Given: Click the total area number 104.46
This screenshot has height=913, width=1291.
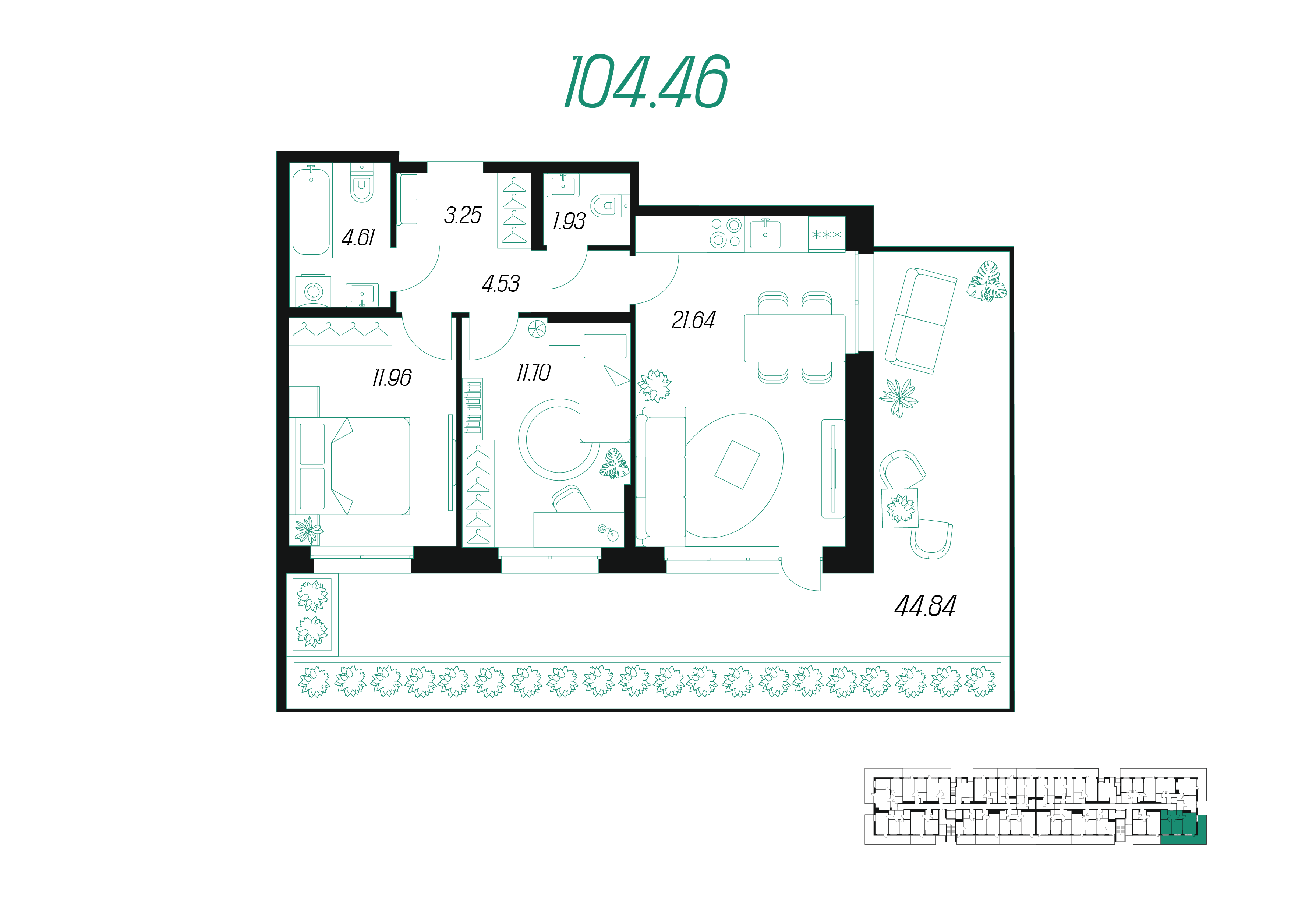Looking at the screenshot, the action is pos(647,82).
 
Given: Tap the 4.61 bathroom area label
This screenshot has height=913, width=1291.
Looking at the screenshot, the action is pos(358,237).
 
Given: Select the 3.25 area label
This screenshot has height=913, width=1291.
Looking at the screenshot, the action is pos(463,215).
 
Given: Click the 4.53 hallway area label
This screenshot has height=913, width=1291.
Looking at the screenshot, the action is pos(501,284).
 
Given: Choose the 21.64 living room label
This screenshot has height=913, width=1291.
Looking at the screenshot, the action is pos(694,321).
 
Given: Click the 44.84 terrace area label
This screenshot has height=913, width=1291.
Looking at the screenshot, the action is pos(925,606).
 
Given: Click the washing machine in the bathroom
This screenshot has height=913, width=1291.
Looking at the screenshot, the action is pos(313,291).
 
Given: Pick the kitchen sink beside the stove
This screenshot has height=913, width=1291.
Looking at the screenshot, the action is pos(765,234).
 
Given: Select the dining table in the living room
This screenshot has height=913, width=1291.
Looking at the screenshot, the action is pos(795,338).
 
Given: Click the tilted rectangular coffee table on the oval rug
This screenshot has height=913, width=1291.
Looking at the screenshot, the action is pos(737,465).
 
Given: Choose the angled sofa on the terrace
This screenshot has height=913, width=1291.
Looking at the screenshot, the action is pos(920,321).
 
